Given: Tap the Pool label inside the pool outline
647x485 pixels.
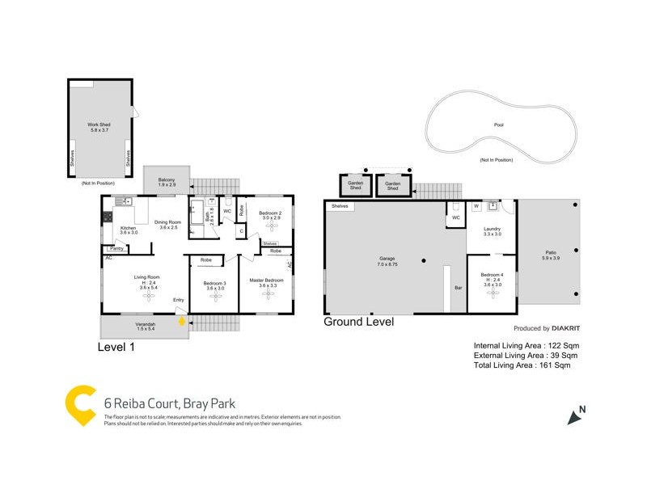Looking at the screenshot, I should (498, 125).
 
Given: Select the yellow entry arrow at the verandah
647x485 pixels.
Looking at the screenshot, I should (182, 322).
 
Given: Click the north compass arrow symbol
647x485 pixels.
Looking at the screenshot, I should (575, 416).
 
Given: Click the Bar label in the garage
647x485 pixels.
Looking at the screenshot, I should (457, 288).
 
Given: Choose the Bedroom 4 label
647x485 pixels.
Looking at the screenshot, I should (492, 276).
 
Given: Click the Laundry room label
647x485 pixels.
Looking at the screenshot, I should (492, 230).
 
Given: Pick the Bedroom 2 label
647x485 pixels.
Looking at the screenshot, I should (269, 213).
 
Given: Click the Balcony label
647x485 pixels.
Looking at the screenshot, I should (167, 180).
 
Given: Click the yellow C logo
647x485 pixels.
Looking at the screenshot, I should (81, 406).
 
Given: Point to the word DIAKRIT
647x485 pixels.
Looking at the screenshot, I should (569, 329).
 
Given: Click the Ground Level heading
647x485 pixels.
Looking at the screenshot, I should (358, 322).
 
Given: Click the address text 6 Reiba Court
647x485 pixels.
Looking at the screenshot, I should (142, 403).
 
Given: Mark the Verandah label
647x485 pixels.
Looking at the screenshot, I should (146, 325).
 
